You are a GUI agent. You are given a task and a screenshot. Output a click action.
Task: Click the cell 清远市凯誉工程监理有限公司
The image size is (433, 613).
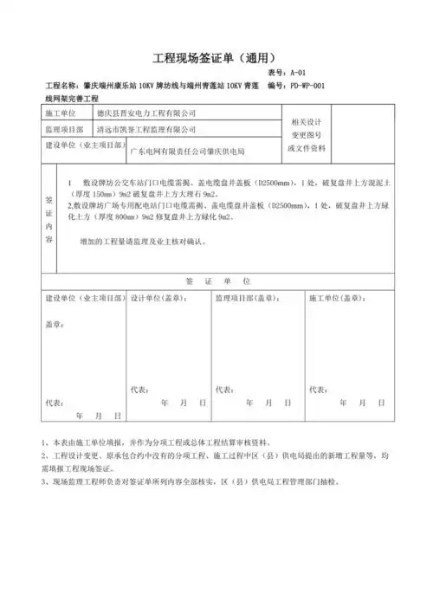145,129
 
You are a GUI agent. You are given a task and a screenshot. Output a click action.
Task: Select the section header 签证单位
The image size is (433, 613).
217,282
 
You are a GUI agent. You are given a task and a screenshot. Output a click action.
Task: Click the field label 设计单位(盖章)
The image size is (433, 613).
157,297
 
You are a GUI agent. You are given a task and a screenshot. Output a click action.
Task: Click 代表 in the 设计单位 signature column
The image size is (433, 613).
140,389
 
